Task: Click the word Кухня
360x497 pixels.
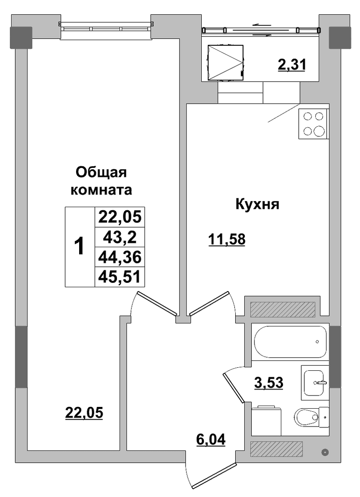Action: [257, 205]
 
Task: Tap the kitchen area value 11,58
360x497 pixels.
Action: [227, 239]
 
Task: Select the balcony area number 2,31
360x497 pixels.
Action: [292, 65]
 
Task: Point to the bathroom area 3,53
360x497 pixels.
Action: [269, 383]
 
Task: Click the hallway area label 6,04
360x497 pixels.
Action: [210, 440]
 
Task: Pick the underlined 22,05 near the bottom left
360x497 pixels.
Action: [84, 413]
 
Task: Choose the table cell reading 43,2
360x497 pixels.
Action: [120, 237]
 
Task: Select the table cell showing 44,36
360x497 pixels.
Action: [120, 257]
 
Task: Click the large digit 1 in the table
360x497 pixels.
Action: [80, 247]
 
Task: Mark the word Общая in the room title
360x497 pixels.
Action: [101, 173]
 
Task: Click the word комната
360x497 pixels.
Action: [101, 190]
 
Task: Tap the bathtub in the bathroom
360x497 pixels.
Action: [290, 342]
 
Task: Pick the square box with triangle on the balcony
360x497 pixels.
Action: [226, 62]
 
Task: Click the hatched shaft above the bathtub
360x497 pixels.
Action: [283, 309]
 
